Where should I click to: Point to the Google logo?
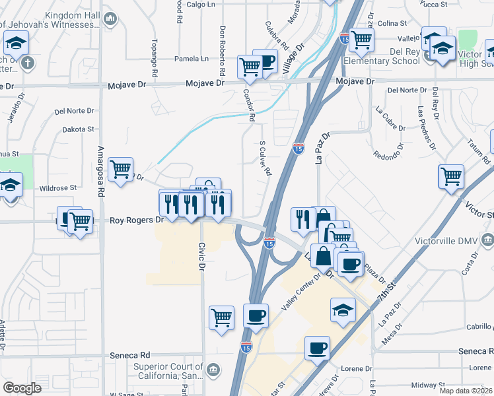coord(22,388)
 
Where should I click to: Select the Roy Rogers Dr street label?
coord(135,220)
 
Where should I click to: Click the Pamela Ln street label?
coord(191,59)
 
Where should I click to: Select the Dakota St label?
coord(79,130)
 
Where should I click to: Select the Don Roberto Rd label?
coord(222,50)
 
